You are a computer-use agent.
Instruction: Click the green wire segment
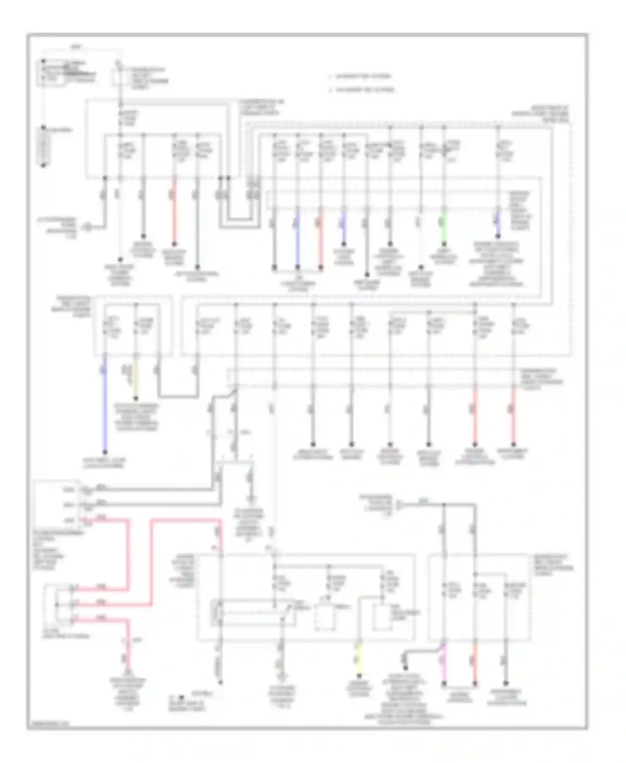[x=444, y=227]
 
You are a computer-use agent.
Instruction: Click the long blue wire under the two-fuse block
[x=105, y=405]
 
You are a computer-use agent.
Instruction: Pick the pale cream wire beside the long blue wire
[x=135, y=378]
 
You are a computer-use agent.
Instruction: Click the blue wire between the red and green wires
[x=344, y=227]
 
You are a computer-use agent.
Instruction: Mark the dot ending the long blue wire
[x=105, y=452]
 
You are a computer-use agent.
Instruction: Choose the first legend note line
[x=361, y=76]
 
